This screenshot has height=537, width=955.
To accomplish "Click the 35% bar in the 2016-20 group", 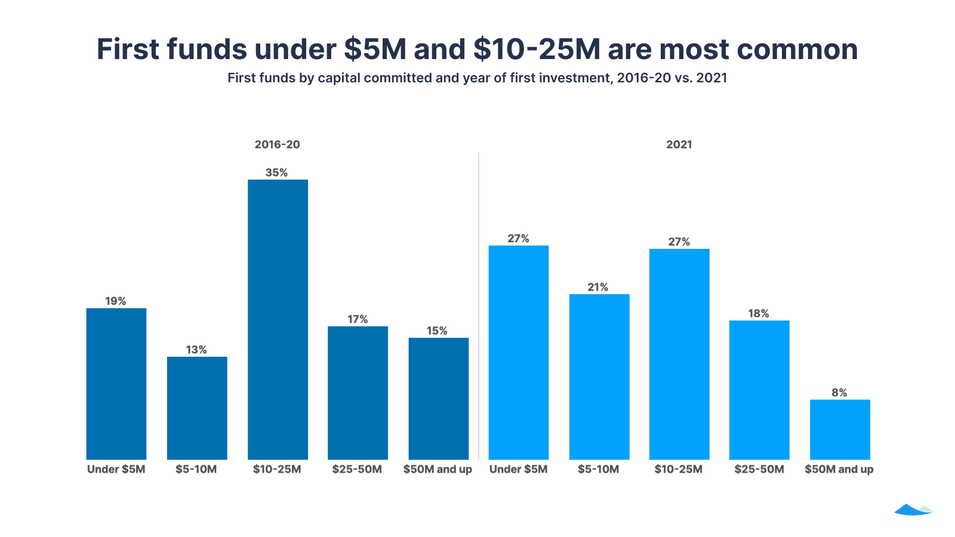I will [x=278, y=319].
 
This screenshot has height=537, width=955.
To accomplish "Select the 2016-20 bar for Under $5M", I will [x=116, y=384].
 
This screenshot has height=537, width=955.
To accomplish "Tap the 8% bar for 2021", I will [x=840, y=430].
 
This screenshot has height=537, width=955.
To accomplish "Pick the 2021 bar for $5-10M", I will [x=599, y=376].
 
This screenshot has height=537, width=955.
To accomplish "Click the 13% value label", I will [x=196, y=350].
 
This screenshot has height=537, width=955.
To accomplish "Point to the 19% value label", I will [x=116, y=301].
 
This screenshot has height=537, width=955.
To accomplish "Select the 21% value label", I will [x=598, y=287].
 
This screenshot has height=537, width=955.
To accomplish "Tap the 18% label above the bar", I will [x=759, y=313].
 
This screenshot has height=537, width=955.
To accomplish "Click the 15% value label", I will [x=437, y=331].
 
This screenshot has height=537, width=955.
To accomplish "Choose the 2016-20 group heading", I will [x=277, y=144].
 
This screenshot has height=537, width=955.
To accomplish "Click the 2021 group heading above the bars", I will [x=679, y=144].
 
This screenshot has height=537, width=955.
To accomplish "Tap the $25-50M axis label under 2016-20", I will [x=357, y=469].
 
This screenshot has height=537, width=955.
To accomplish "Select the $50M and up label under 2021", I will [x=839, y=469].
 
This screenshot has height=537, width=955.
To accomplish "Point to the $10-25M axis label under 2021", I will [x=679, y=469].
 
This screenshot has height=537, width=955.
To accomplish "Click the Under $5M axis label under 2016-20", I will [x=116, y=469].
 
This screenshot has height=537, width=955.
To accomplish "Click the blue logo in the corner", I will [x=913, y=510].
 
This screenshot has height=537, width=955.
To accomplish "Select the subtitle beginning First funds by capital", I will [x=477, y=78].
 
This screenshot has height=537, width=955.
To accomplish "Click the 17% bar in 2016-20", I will [x=358, y=393].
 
